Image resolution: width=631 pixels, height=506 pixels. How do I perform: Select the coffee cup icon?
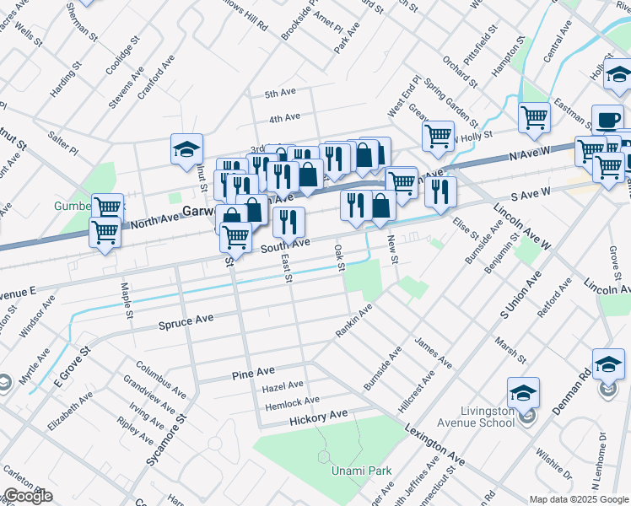pyautogui.click(x=607, y=120)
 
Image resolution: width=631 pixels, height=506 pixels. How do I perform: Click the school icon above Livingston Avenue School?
pyautogui.click(x=523, y=392)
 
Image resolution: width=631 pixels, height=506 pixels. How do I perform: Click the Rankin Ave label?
pyautogui.click(x=353, y=321)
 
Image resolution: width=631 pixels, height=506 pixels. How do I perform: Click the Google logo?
pyautogui.click(x=29, y=496)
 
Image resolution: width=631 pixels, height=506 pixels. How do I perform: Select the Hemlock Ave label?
pyautogui.click(x=291, y=401)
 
